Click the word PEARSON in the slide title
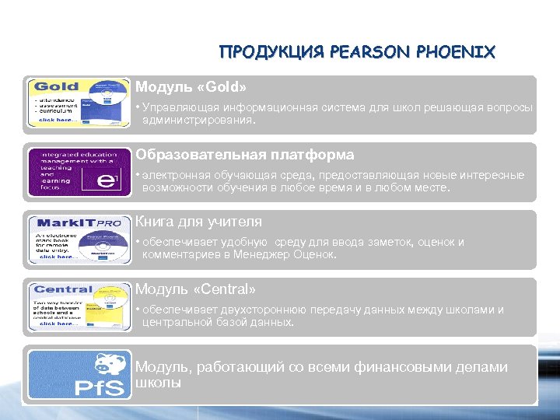(359, 53)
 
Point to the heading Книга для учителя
(198, 222)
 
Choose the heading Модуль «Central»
(195, 289)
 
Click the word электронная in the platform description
(173, 176)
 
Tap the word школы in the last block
(159, 383)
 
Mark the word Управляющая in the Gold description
(176, 107)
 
